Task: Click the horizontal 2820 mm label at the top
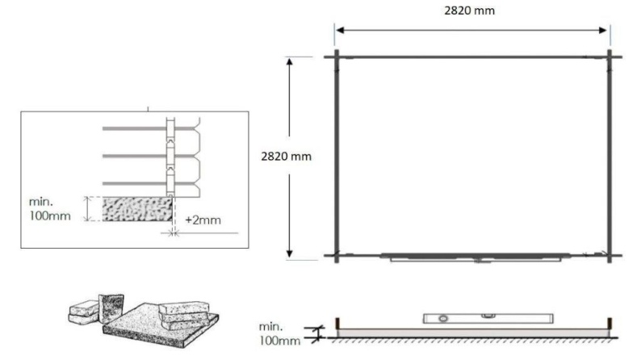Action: [x=472, y=11]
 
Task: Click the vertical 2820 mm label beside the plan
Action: [x=286, y=157]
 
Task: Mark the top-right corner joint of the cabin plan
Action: [x=610, y=57]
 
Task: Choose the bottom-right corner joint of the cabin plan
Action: [x=610, y=256]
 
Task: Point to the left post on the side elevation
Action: [x=338, y=326]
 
